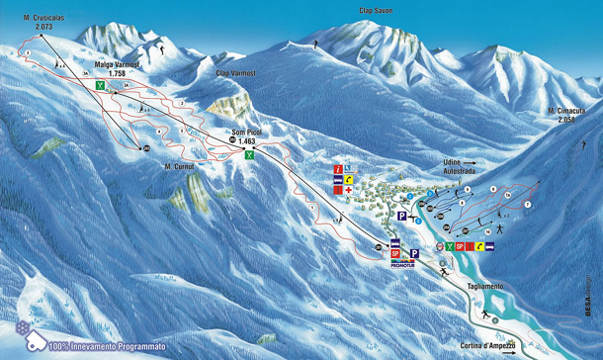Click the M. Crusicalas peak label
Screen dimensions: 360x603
click(31, 23)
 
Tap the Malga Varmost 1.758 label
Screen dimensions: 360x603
click(117, 69)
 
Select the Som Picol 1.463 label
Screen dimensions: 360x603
click(247, 139)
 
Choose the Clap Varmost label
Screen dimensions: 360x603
click(235, 73)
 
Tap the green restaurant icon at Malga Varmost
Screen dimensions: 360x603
click(100, 86)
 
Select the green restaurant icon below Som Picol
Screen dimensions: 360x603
click(251, 155)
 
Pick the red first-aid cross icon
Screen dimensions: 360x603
click(349, 190)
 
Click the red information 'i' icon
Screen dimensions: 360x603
click(338, 169)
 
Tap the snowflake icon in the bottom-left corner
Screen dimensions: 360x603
click(21, 327)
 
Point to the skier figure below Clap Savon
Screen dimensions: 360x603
click(315, 46)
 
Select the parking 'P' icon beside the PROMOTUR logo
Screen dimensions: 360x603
click(414, 253)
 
